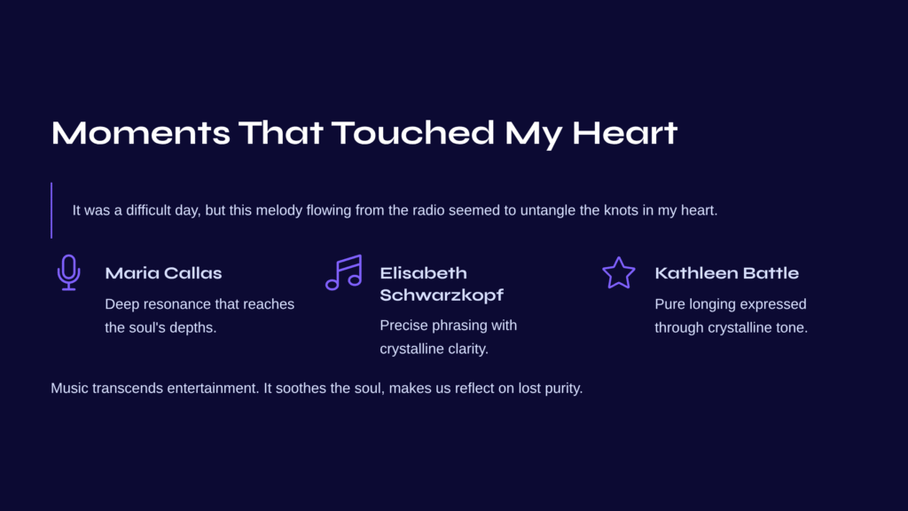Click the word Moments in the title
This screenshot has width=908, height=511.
(x=141, y=133)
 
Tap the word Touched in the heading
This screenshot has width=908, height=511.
(x=413, y=133)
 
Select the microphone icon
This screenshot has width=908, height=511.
(x=69, y=272)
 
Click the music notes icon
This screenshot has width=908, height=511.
(x=344, y=272)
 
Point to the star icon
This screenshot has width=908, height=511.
(x=619, y=272)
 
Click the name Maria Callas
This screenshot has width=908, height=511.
(x=163, y=273)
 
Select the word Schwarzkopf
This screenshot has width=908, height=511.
(x=442, y=295)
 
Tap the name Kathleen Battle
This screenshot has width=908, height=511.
(x=727, y=273)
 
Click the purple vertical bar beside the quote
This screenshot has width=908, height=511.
(x=51, y=210)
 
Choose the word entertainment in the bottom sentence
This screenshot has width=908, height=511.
(x=213, y=389)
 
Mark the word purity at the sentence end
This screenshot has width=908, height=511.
(x=564, y=389)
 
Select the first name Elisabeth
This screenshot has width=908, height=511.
(x=423, y=273)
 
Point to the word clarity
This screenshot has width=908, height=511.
(x=468, y=350)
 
